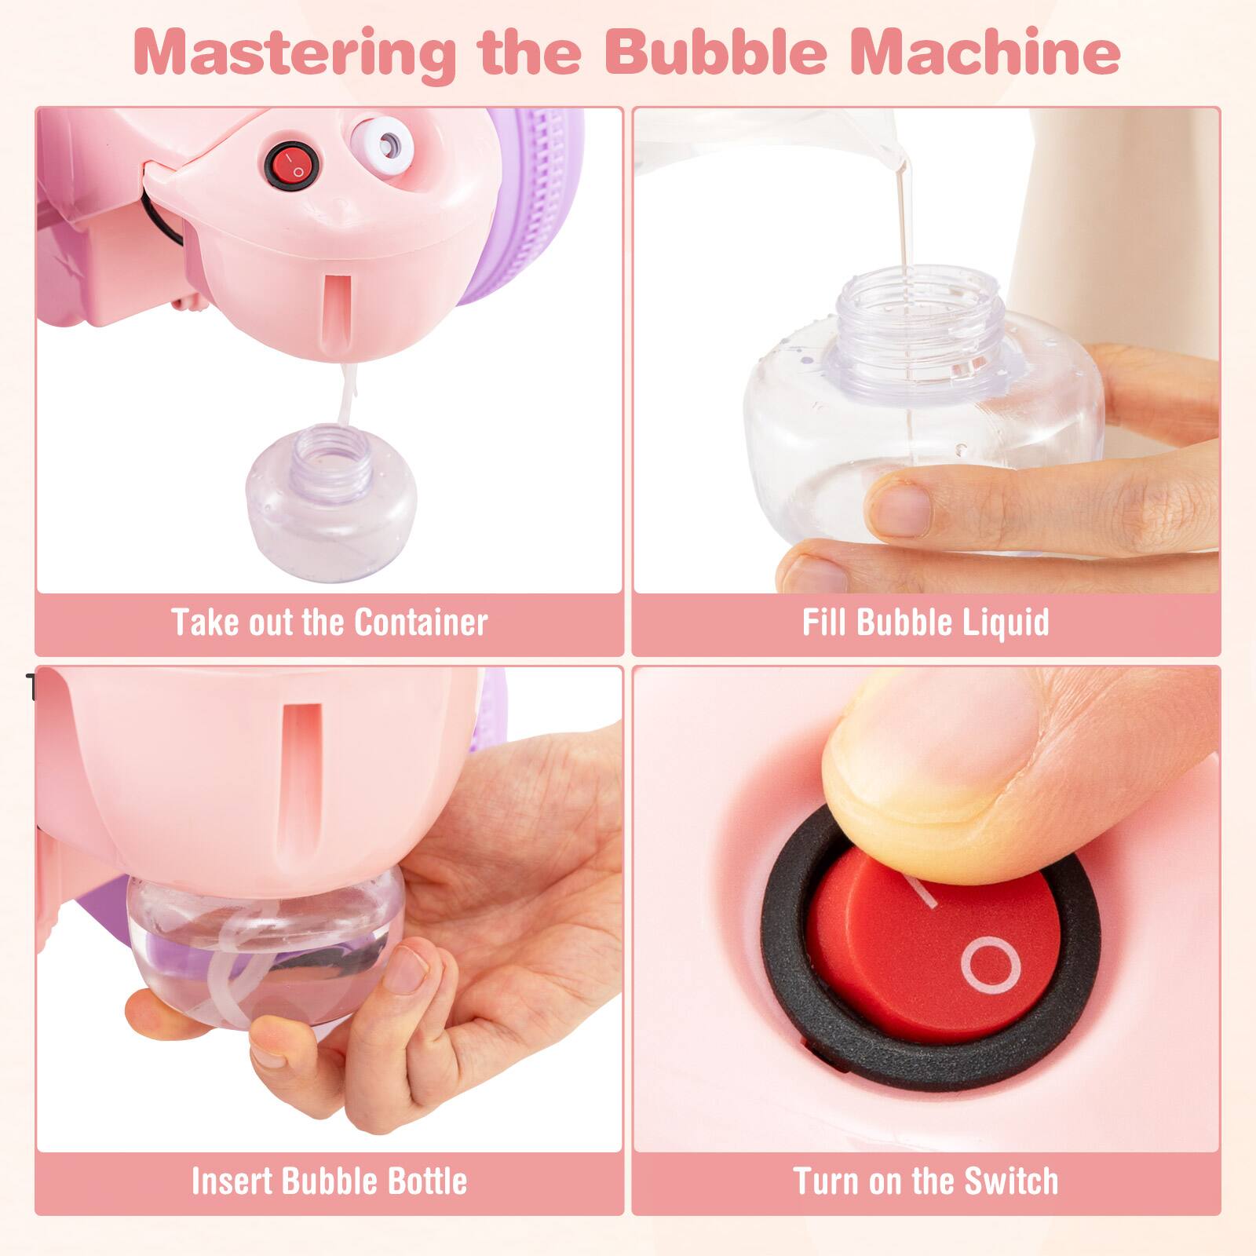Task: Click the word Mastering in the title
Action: click(x=295, y=52)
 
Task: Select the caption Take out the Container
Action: click(x=330, y=623)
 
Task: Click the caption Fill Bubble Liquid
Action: click(x=926, y=623)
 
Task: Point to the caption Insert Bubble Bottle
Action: click(x=330, y=1181)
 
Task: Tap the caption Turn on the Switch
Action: click(x=926, y=1181)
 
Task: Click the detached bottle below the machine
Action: click(x=330, y=502)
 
